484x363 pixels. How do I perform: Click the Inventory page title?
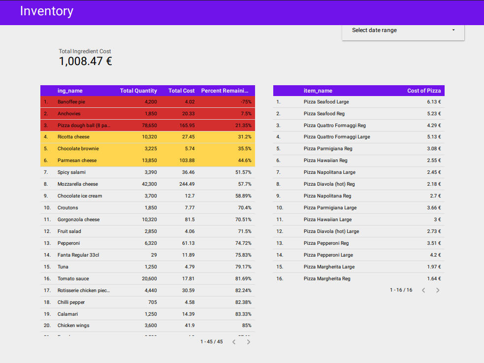46,11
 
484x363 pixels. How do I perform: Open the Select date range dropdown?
403,30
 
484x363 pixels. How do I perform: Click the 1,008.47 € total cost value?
85,62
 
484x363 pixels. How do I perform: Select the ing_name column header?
70,91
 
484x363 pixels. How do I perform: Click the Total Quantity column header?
138,91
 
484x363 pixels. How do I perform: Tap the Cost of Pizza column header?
423,91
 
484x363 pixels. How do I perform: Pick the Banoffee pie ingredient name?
71,102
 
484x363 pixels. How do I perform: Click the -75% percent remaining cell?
246,102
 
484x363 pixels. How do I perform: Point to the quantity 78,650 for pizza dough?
147,125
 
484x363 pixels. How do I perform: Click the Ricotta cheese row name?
73,137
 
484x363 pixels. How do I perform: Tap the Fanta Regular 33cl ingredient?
78,255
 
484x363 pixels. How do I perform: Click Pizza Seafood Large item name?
326,102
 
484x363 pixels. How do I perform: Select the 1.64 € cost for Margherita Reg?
434,279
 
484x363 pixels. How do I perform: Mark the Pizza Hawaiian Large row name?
327,220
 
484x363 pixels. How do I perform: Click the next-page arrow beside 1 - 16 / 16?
438,290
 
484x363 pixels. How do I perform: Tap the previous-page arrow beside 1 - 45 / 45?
234,342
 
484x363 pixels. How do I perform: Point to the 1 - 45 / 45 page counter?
211,342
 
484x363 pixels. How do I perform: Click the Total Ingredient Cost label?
85,51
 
